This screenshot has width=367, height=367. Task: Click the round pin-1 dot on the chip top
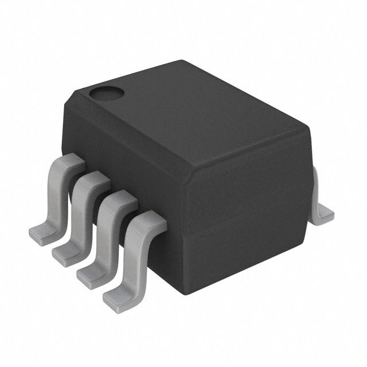[105, 92]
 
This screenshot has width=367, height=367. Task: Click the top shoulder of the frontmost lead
[146, 218]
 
